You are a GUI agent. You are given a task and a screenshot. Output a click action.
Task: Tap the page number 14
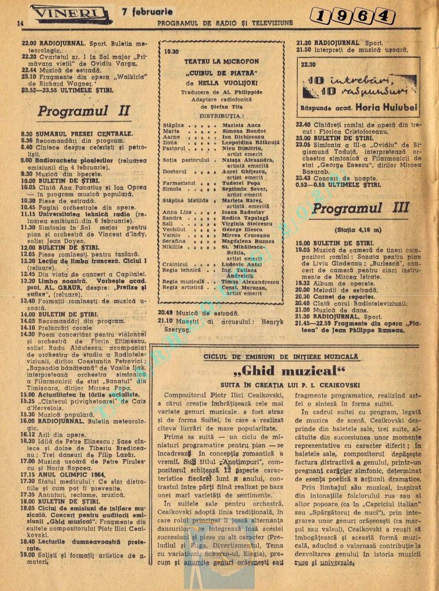point(20,23)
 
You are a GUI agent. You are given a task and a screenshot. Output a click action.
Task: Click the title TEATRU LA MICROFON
point(221,61)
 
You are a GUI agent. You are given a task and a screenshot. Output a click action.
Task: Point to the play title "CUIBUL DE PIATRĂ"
point(221,74)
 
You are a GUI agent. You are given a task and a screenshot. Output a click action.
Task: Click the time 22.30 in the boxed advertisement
point(308,65)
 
